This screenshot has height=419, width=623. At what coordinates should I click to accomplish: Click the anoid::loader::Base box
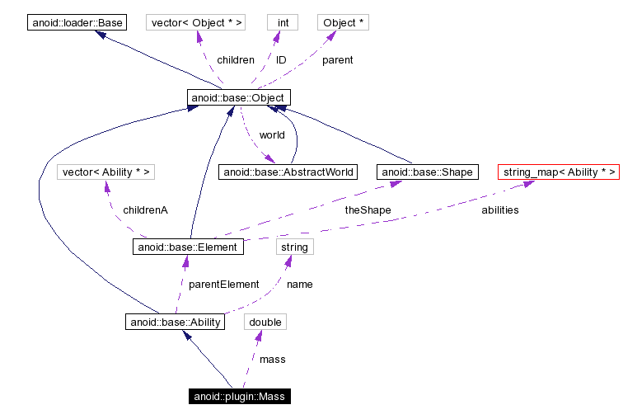[78, 22]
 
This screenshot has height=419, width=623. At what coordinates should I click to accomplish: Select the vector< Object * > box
[196, 22]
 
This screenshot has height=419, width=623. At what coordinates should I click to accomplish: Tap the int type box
[283, 22]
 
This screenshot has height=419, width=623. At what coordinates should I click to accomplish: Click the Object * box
[343, 22]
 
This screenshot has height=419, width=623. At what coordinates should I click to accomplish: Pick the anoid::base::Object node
[238, 98]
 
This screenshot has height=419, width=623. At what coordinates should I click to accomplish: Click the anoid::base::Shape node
[427, 172]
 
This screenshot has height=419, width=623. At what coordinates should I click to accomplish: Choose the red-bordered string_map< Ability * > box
[558, 172]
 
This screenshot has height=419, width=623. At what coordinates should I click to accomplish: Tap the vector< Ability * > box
[105, 172]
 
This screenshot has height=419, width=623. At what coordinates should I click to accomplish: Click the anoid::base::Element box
[188, 247]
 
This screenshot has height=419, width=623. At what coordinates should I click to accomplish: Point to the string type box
[294, 247]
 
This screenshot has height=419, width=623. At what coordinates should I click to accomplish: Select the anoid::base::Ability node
[176, 322]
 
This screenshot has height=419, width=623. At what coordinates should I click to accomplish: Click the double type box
[265, 322]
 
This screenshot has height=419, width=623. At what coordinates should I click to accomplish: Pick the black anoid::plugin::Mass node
[239, 397]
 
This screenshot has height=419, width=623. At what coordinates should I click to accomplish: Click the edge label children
[236, 60]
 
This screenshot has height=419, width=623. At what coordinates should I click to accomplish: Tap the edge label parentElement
[224, 285]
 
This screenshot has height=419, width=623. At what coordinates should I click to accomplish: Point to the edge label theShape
[368, 210]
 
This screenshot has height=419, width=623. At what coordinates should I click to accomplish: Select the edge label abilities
[500, 210]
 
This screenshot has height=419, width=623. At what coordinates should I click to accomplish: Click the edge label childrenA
[145, 210]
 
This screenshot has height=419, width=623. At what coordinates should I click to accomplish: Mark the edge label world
[272, 135]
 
